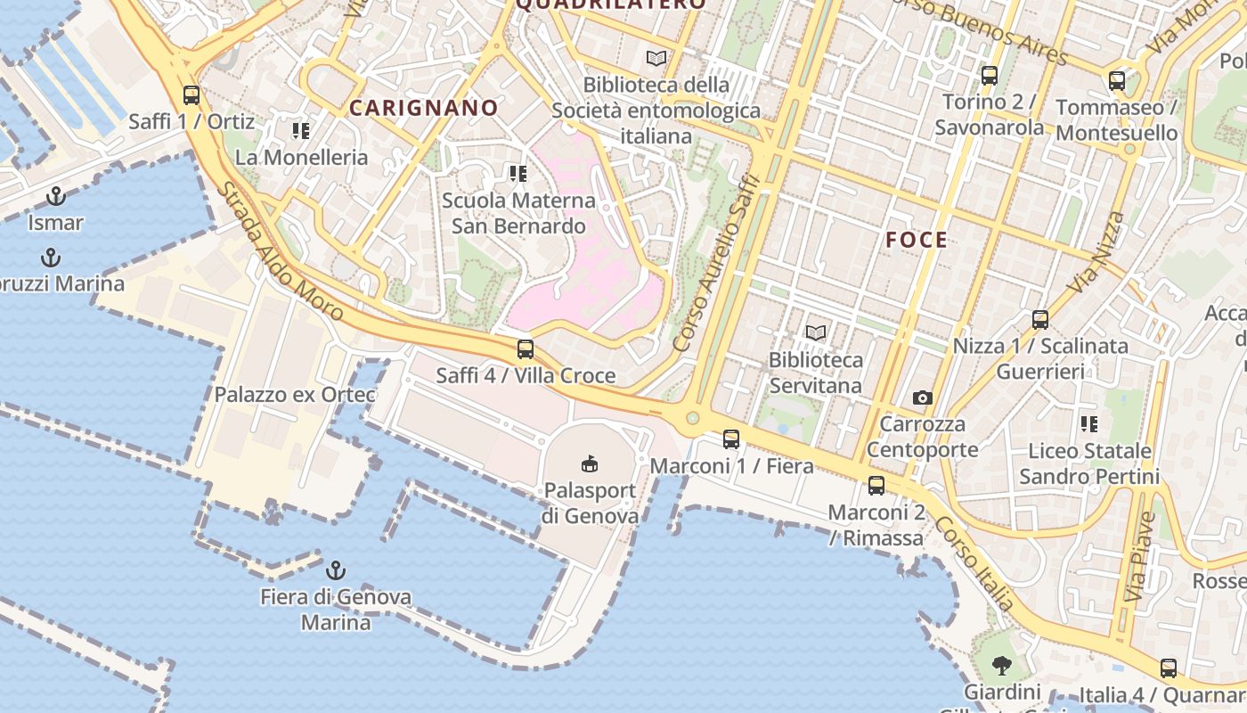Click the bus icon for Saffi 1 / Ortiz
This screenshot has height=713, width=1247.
191,95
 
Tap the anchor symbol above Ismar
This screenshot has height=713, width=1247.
56,196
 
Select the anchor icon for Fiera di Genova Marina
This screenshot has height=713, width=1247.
336,570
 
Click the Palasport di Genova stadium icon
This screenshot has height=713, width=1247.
590,463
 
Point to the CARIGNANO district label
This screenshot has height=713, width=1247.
423,109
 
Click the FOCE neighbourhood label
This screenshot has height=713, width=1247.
917,240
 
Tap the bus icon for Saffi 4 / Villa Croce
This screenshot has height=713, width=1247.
526,349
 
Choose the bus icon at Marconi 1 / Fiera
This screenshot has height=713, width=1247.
731,439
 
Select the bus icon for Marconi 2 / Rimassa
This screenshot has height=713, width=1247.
876,486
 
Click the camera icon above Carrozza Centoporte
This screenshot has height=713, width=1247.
923,397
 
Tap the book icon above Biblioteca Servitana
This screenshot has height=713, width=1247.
815,333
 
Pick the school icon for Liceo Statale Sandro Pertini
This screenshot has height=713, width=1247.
1088,424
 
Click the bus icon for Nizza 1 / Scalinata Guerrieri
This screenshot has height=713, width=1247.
1039,320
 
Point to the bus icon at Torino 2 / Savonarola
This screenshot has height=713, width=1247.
989,76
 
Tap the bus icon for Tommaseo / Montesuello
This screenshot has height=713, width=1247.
1117,82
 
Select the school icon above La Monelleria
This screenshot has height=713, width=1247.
300,131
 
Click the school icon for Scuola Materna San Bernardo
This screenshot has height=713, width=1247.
518,174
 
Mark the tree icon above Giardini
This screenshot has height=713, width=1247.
1002,665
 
